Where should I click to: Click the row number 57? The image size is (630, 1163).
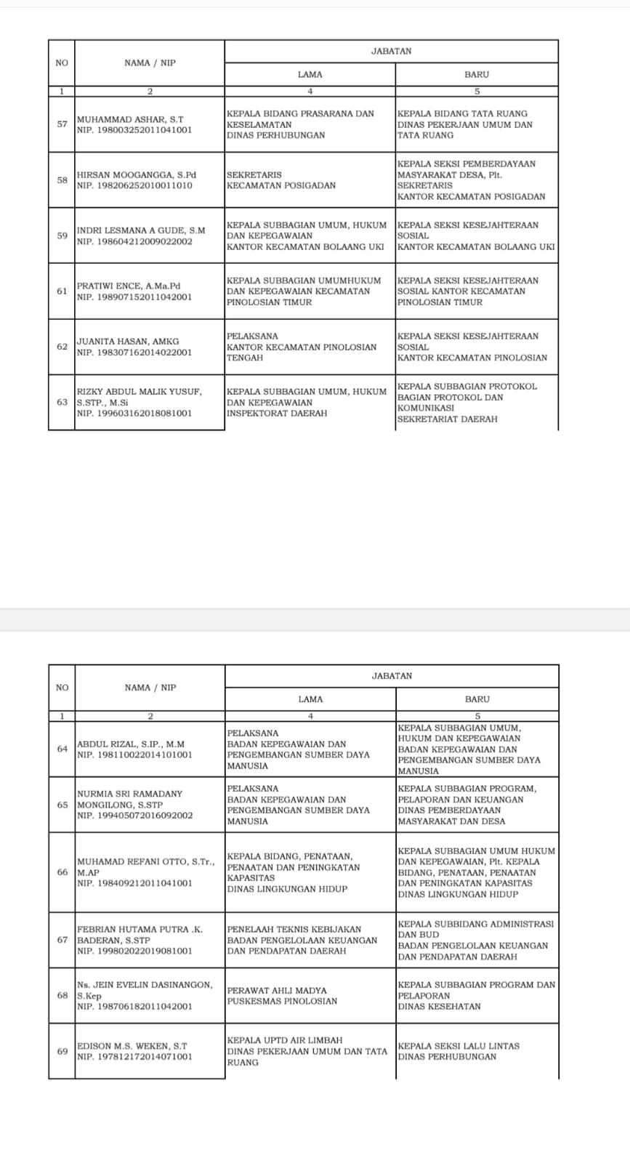click(x=62, y=124)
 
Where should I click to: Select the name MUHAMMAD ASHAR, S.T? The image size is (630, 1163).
click(x=130, y=119)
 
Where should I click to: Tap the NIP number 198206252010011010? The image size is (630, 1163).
click(x=134, y=185)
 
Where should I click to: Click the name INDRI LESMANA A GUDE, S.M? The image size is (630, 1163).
click(x=141, y=230)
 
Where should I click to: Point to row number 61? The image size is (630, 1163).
click(x=62, y=291)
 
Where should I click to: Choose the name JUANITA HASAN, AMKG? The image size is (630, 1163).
click(x=128, y=342)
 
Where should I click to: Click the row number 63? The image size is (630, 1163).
click(x=62, y=402)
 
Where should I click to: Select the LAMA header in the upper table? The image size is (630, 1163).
click(x=310, y=74)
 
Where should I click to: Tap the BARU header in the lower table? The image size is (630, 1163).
click(x=477, y=699)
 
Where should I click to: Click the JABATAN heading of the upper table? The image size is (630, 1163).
click(x=391, y=51)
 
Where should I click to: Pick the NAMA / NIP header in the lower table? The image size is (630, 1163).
click(x=150, y=688)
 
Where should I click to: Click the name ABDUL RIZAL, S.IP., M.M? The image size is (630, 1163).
click(x=131, y=744)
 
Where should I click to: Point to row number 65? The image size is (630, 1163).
click(x=62, y=805)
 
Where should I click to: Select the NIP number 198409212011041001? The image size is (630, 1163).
click(x=134, y=883)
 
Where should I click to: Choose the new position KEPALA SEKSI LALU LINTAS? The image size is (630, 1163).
click(x=459, y=1046)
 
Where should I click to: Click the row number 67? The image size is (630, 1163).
click(x=62, y=940)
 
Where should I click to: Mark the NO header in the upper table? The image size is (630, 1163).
click(x=62, y=63)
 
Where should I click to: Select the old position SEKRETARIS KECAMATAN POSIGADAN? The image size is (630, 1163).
click(x=281, y=180)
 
